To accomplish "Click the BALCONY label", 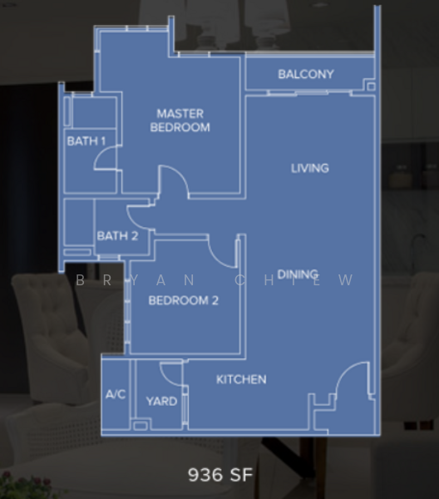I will [x=306, y=75].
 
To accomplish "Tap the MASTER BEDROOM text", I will [x=180, y=121].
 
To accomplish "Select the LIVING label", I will [x=310, y=168].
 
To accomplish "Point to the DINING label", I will [x=298, y=274].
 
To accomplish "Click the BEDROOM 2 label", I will [x=183, y=300].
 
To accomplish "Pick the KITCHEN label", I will [x=241, y=379].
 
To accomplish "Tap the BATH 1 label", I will [x=86, y=141].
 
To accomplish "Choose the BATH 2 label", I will [x=117, y=236].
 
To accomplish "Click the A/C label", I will [x=116, y=394].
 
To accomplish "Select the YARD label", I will [x=161, y=401].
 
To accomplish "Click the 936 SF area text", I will [x=219, y=475].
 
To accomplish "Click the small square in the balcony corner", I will [x=370, y=86].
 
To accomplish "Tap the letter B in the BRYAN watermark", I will [x=81, y=280].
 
